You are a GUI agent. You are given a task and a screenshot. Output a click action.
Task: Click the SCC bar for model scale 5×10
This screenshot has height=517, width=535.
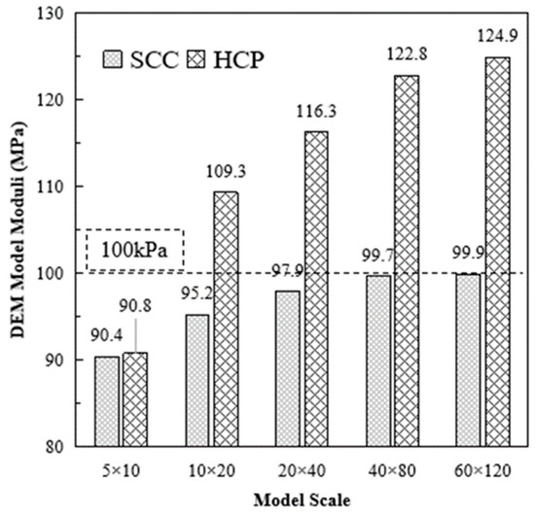click(107, 401)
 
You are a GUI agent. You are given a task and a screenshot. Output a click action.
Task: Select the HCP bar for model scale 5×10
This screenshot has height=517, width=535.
click(135, 399)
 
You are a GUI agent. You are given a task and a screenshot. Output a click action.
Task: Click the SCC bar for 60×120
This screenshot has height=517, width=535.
click(469, 360)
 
